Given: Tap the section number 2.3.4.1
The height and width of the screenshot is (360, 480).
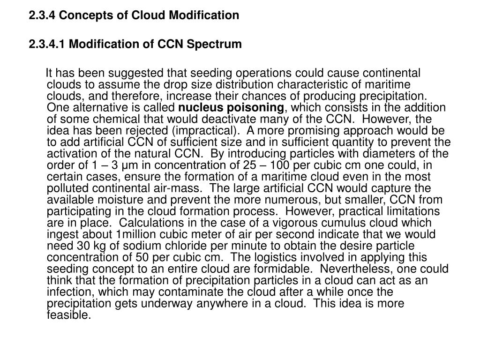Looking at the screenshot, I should (x=48, y=45).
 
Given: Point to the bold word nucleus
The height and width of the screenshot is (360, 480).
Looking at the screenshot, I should (x=204, y=107).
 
